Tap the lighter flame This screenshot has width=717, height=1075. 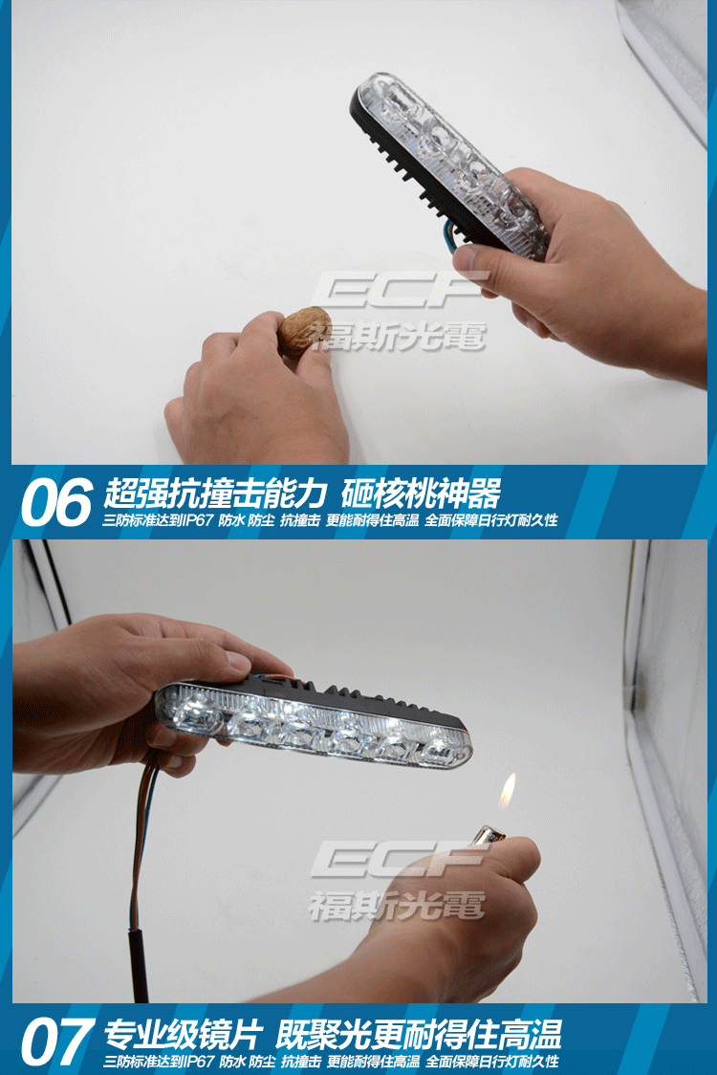pos(508,791)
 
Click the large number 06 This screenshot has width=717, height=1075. pos(56,502)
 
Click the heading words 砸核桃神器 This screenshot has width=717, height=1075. pos(421,492)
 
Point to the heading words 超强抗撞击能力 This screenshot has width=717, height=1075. pos(214,492)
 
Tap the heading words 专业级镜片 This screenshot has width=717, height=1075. pos(183,1035)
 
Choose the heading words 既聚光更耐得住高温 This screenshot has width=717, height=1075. pos(418,1035)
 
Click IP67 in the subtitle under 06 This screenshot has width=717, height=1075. pos(198,520)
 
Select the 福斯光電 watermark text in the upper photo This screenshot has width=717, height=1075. pos(399,336)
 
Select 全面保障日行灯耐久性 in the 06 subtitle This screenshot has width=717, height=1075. pos(490,520)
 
